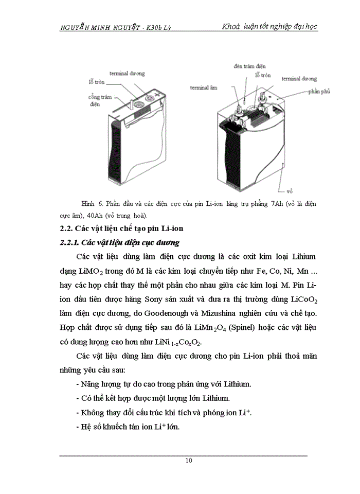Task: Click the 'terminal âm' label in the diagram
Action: click(x=203, y=87)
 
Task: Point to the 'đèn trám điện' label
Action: click(x=249, y=66)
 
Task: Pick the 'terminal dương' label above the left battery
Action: click(x=127, y=74)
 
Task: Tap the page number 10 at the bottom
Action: click(x=189, y=461)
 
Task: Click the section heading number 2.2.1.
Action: click(x=73, y=242)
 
